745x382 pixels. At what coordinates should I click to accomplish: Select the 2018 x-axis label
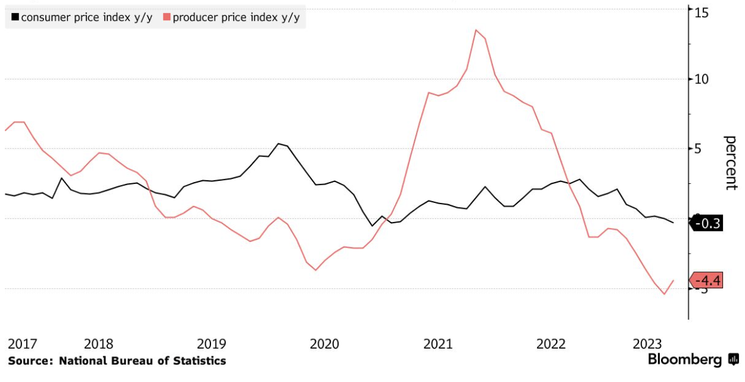[x=99, y=344]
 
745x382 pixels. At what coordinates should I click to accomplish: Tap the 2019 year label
[x=212, y=344]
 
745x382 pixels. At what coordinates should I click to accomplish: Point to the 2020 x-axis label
[x=325, y=344]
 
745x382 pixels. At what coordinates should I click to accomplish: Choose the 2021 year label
[x=438, y=344]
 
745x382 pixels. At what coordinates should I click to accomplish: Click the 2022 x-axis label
[x=551, y=344]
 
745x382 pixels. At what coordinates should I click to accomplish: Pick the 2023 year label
[x=647, y=344]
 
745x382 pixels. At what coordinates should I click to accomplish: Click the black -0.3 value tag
[x=707, y=224]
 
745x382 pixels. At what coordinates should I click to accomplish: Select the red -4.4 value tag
[x=707, y=280]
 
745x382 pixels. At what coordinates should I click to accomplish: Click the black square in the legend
[x=15, y=17]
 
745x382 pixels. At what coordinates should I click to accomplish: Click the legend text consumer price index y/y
[x=87, y=17]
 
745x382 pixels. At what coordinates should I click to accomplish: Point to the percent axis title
[x=731, y=162]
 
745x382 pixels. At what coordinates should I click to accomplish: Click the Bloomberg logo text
[x=686, y=360]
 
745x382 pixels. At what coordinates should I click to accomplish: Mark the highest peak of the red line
[x=476, y=30]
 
